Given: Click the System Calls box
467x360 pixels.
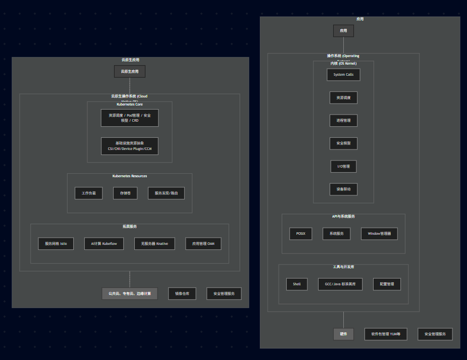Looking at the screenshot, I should (x=343, y=74).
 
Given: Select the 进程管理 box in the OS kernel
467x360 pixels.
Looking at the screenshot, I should (x=343, y=120).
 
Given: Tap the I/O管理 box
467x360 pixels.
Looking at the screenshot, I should (x=343, y=166).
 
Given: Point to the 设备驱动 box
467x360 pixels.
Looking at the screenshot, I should (x=343, y=189).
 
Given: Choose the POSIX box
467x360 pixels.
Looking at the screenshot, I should (x=301, y=234).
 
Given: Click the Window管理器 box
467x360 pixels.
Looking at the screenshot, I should (x=379, y=234).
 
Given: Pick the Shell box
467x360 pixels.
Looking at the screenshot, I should (x=297, y=284).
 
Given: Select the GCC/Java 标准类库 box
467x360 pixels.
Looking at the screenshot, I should (x=340, y=284).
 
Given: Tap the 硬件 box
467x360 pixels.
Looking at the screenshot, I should (x=343, y=334).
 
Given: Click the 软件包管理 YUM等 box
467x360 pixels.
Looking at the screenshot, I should (x=386, y=334).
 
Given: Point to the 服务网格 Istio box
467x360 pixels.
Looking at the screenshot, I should (x=56, y=243).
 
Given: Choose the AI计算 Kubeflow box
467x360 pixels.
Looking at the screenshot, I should (x=103, y=243).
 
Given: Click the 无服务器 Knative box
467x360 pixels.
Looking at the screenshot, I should (x=155, y=243).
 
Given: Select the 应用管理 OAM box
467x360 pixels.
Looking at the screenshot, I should (x=203, y=243).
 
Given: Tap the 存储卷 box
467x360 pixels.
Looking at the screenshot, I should (x=125, y=193).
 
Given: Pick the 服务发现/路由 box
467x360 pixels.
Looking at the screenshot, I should (x=166, y=193).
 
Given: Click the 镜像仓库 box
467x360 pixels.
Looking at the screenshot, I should (x=182, y=293).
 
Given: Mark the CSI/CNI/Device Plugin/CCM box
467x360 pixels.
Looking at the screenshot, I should (x=130, y=146).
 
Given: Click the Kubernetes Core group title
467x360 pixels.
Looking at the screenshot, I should (x=130, y=105).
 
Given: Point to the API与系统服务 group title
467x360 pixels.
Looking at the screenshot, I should (x=343, y=216).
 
